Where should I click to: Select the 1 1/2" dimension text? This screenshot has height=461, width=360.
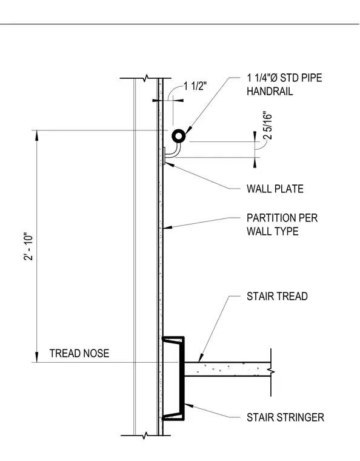(x=195, y=86)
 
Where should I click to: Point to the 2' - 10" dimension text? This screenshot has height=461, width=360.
(x=29, y=247)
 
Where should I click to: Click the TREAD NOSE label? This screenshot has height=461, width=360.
(x=79, y=353)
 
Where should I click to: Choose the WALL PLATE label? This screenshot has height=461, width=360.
(x=275, y=189)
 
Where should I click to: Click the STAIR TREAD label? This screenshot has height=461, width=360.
(x=277, y=296)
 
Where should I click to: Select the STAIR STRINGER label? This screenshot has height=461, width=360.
(x=285, y=417)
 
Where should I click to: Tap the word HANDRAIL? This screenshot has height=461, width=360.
(x=270, y=91)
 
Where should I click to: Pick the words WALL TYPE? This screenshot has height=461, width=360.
(x=272, y=231)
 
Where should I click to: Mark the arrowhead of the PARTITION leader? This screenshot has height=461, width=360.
(x=167, y=227)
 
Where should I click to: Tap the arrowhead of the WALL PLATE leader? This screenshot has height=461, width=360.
(x=170, y=165)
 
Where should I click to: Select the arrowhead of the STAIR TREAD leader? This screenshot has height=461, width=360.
(x=201, y=358)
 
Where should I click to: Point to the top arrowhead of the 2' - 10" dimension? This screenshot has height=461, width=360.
(x=37, y=135)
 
